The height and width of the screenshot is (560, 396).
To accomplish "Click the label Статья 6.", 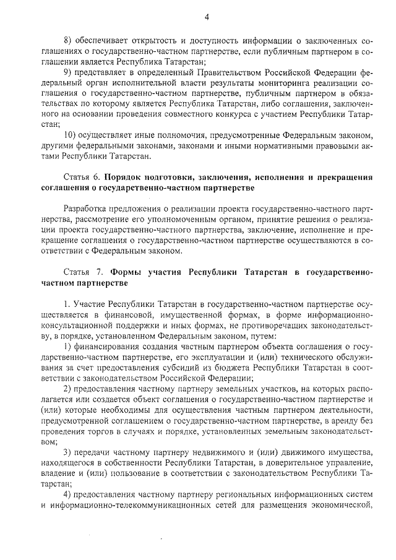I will click(x=82, y=176).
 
